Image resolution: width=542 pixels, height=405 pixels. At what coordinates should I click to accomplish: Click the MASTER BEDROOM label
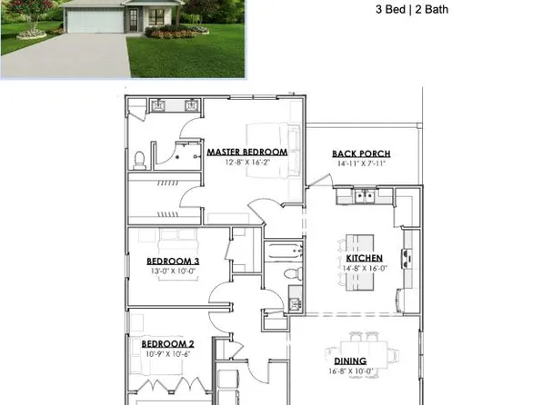tap(246, 152)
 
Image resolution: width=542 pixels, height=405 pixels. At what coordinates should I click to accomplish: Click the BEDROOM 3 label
tap(173, 262)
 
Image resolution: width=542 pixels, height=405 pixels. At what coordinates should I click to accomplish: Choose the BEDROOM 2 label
tap(167, 343)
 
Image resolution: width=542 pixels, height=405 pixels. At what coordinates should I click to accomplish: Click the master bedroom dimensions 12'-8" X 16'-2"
tap(246, 163)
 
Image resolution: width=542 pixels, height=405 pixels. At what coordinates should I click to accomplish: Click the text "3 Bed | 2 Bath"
tap(412, 11)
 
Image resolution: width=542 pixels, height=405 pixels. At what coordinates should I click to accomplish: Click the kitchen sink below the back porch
tap(363, 196)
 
